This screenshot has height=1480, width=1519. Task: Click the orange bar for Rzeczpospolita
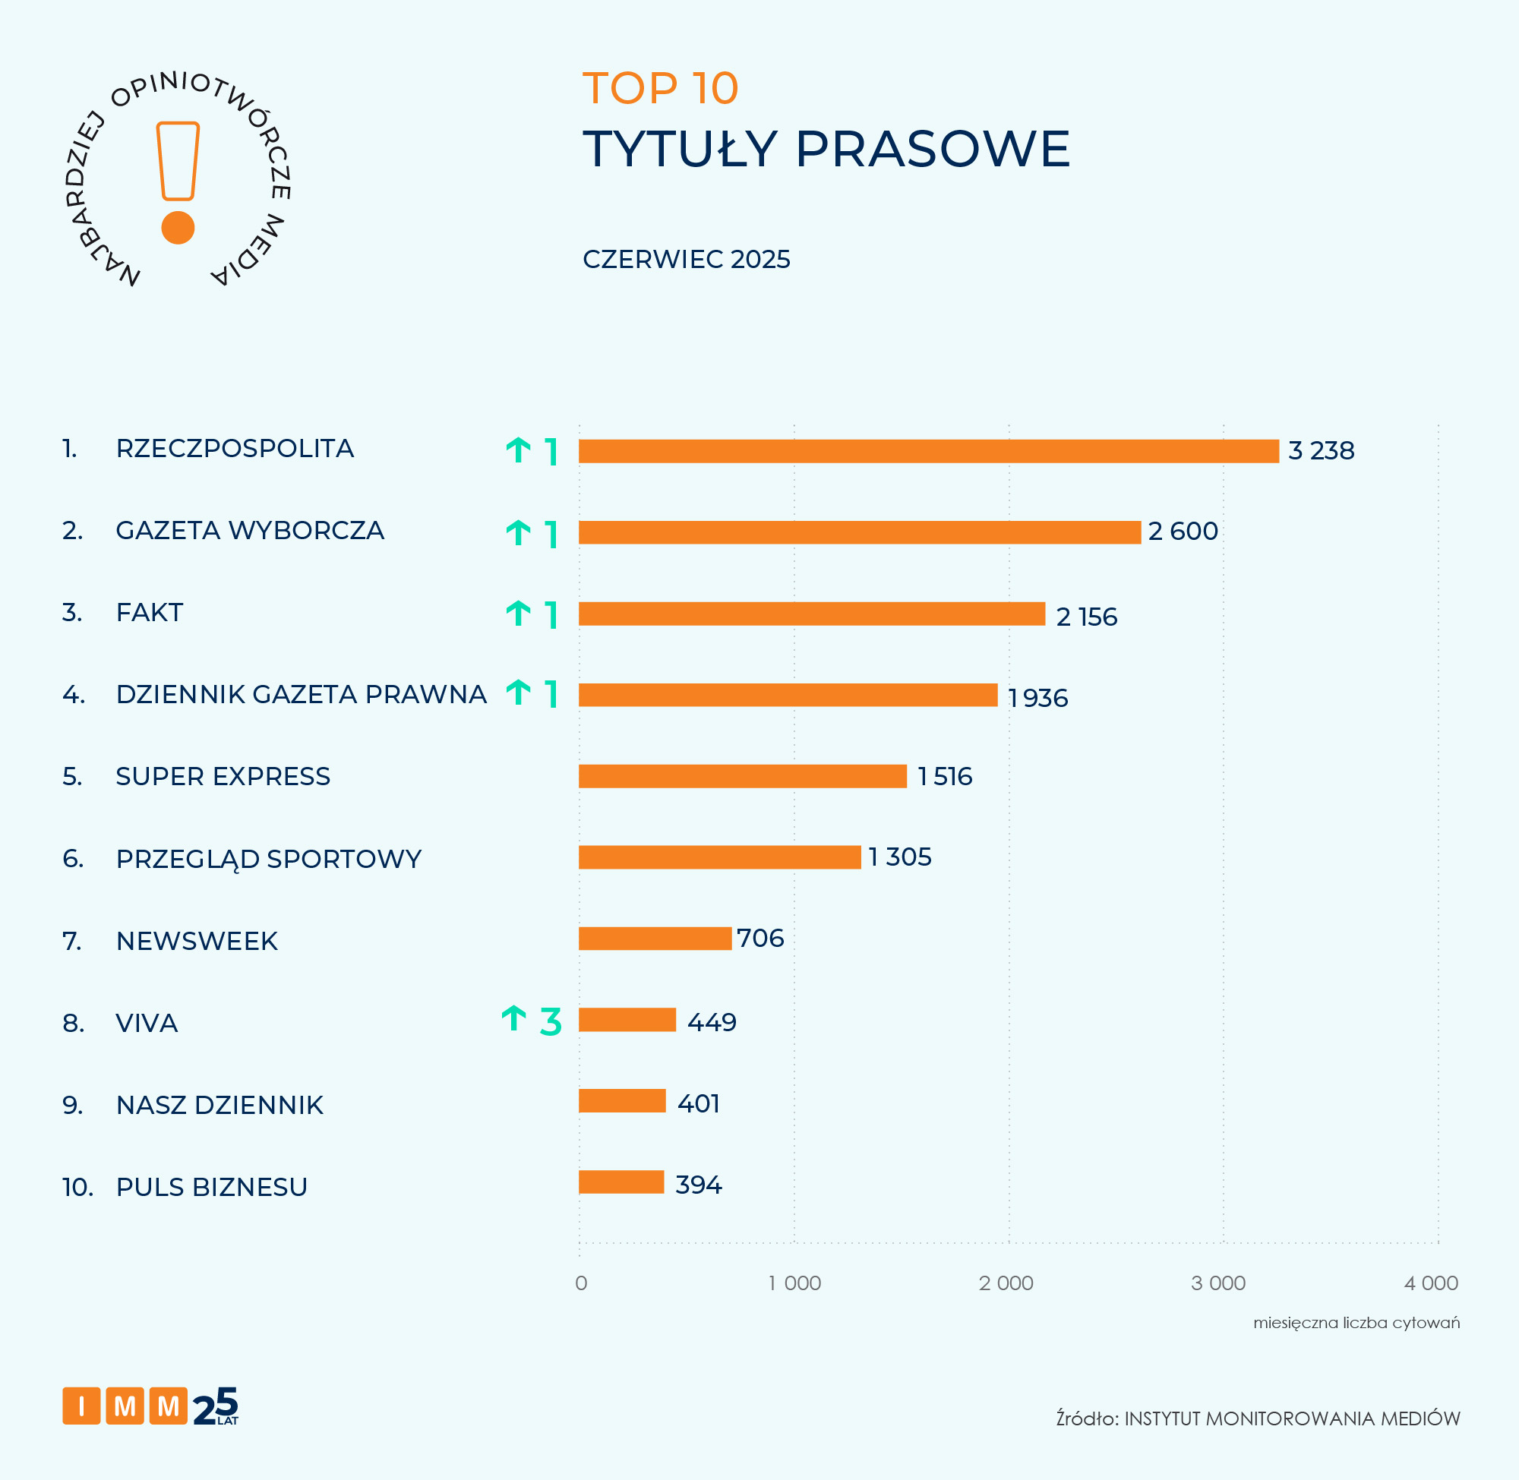coord(928,451)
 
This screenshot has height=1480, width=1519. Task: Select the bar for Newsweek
coord(655,939)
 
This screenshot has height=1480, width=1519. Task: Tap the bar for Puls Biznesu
coord(621,1182)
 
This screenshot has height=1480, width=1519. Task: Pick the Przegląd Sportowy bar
coord(719,857)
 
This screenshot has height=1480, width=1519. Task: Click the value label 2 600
coord(1183,532)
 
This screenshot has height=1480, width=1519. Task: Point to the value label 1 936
coord(1037,698)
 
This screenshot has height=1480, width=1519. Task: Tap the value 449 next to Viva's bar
coord(712,1022)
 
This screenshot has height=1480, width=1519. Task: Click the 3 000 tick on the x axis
coord(1218,1283)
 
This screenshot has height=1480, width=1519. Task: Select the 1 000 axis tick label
coord(794,1283)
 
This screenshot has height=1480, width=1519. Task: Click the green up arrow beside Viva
coord(514,1018)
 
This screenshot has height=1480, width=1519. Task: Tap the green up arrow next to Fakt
coord(519,614)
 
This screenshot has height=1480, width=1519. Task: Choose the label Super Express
coord(223,777)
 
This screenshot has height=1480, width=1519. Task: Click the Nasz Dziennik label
coord(219,1106)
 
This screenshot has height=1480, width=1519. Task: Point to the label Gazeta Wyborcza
coord(250,531)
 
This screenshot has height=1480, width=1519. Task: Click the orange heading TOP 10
coord(660,89)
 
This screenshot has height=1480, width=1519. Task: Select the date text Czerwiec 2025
coord(686,260)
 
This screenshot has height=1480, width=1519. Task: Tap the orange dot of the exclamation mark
coord(178,228)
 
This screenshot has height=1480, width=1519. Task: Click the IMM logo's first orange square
coord(81,1406)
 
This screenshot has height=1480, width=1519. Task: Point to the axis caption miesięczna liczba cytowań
coord(1356,1323)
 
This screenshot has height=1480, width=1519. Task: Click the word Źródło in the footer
coord(1086,1418)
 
